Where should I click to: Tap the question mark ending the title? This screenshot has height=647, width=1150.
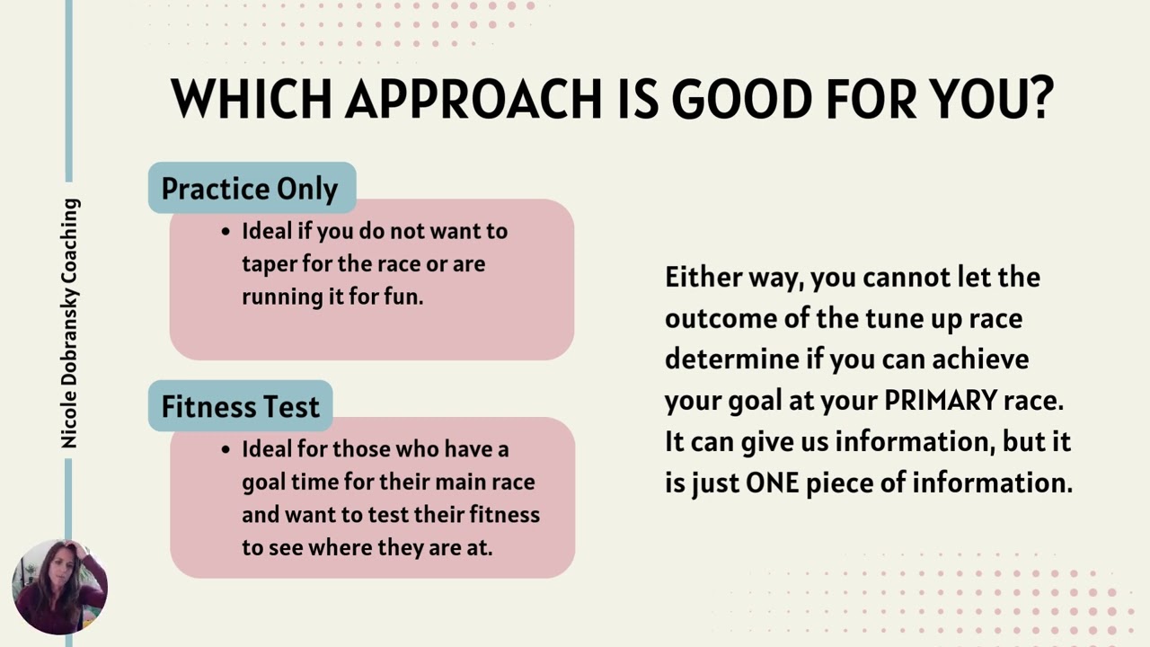pos(1041,99)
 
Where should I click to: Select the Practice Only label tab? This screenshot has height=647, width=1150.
pos(251,189)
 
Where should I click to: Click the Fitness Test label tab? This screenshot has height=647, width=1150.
pos(240,406)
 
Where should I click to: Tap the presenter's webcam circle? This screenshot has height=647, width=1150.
pos(59,587)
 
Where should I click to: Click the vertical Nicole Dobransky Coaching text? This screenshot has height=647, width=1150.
pos(70,323)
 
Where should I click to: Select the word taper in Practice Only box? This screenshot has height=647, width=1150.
pos(269,264)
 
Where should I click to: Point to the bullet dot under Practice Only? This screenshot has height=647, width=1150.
pos(226,232)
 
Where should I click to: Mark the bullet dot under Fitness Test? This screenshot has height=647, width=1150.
pos(226,449)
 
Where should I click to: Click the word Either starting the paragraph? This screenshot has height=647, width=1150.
pos(703,277)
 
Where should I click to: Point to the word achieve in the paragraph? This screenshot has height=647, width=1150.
pos(980,359)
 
